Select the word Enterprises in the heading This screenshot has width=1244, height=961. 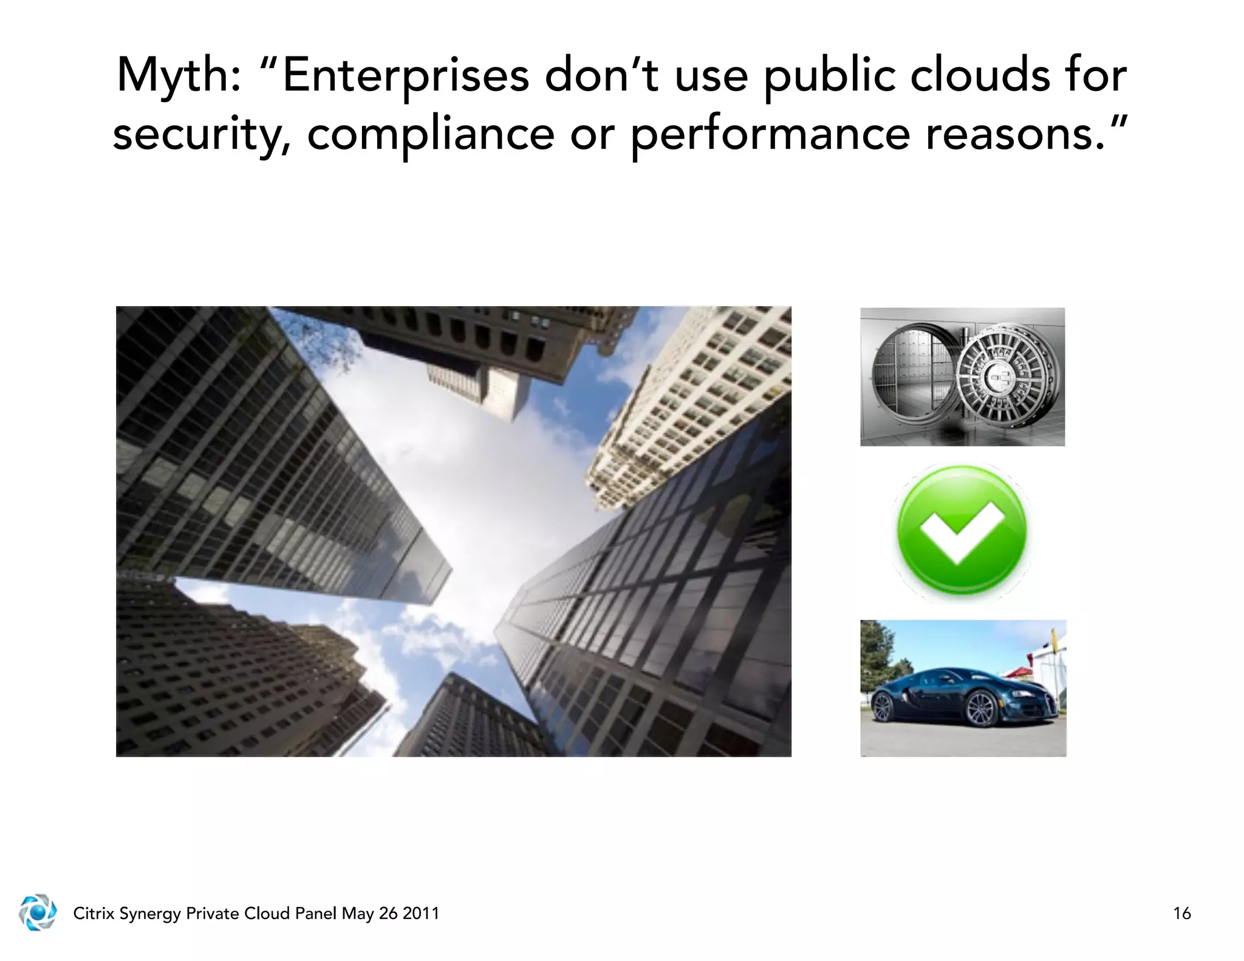click(x=406, y=76)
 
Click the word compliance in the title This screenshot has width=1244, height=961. click(x=431, y=134)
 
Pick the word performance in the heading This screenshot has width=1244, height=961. click(x=770, y=134)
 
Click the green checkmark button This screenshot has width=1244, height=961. click(x=962, y=532)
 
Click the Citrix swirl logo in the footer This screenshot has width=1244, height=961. click(x=38, y=912)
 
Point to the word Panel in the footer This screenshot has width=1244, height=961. click(x=315, y=914)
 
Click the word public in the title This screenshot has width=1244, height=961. click(x=829, y=76)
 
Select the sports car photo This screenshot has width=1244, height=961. click(x=963, y=688)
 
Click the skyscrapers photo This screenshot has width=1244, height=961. click(x=453, y=532)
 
